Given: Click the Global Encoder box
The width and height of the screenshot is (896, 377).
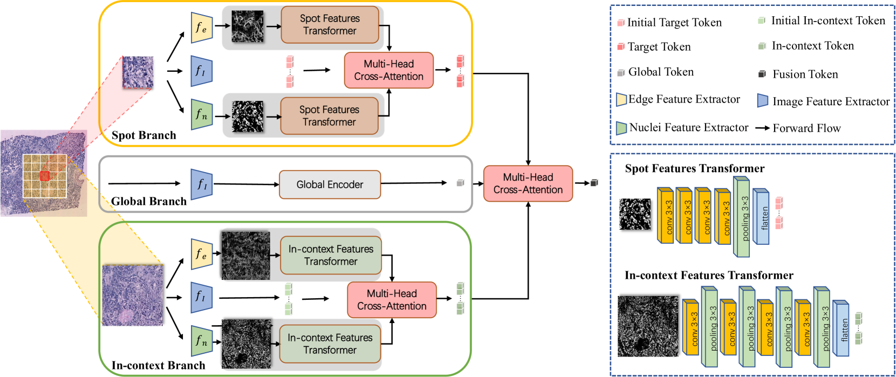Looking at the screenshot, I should pyautogui.click(x=330, y=184).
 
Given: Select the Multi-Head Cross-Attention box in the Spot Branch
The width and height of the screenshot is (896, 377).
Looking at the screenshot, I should pyautogui.click(x=388, y=70).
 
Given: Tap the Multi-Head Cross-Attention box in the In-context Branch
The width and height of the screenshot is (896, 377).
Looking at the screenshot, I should pyautogui.click(x=392, y=300).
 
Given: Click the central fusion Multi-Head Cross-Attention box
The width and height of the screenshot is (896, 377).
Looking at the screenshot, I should pyautogui.click(x=528, y=183).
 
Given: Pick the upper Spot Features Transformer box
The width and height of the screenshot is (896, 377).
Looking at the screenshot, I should pyautogui.click(x=330, y=25).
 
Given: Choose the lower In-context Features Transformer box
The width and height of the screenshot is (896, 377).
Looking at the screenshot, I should pyautogui.click(x=330, y=344).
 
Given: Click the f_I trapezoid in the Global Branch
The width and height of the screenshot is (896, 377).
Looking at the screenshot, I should pyautogui.click(x=201, y=184).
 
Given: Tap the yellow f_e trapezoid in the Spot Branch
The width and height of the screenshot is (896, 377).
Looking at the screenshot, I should pyautogui.click(x=201, y=28).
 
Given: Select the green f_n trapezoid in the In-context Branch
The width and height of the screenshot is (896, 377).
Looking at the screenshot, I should pyautogui.click(x=201, y=341).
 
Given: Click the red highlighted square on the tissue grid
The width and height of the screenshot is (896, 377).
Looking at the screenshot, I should pyautogui.click(x=45, y=176).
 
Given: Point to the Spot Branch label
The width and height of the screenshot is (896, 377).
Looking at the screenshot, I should pyautogui.click(x=143, y=135).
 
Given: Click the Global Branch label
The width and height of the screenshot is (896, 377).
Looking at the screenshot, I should pyautogui.click(x=149, y=201).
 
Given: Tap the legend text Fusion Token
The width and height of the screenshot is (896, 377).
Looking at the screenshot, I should pyautogui.click(x=805, y=74).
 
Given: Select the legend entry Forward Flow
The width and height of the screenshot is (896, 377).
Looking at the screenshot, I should pyautogui.click(x=806, y=128).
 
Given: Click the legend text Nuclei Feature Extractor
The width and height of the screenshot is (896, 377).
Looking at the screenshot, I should pyautogui.click(x=688, y=128).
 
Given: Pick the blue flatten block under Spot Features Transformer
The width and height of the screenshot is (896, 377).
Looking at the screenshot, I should pyautogui.click(x=761, y=216).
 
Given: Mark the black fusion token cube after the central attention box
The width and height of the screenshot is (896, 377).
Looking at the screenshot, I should pyautogui.click(x=594, y=183).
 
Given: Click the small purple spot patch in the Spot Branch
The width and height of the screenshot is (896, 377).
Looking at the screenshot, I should pyautogui.click(x=138, y=72).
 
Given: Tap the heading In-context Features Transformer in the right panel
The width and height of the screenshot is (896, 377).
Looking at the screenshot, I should pyautogui.click(x=709, y=276).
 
